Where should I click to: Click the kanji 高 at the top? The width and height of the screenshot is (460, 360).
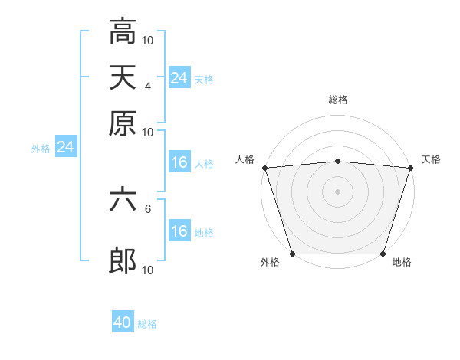123,32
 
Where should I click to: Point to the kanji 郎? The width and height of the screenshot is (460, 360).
123,261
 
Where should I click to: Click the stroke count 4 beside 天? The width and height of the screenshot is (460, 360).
148,87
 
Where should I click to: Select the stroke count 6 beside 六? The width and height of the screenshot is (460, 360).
148,208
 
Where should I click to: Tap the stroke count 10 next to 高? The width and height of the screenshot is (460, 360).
149,40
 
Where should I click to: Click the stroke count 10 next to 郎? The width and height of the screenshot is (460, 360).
149,270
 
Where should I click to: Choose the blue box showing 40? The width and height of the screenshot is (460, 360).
123,322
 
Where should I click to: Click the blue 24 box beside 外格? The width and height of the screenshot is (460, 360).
65,147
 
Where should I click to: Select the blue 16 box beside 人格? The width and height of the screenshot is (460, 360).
179,162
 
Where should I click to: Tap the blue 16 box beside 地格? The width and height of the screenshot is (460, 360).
179,231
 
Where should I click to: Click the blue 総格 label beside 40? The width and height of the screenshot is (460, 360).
148,324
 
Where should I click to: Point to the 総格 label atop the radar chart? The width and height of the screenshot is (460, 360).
337,100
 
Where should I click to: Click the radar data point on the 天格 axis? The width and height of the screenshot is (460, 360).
409,168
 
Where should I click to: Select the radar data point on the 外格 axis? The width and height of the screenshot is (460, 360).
293,254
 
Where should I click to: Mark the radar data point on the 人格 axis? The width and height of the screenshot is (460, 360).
265,168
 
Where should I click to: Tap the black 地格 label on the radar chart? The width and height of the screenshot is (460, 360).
402,262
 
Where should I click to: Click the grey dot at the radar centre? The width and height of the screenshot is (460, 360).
337,191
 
